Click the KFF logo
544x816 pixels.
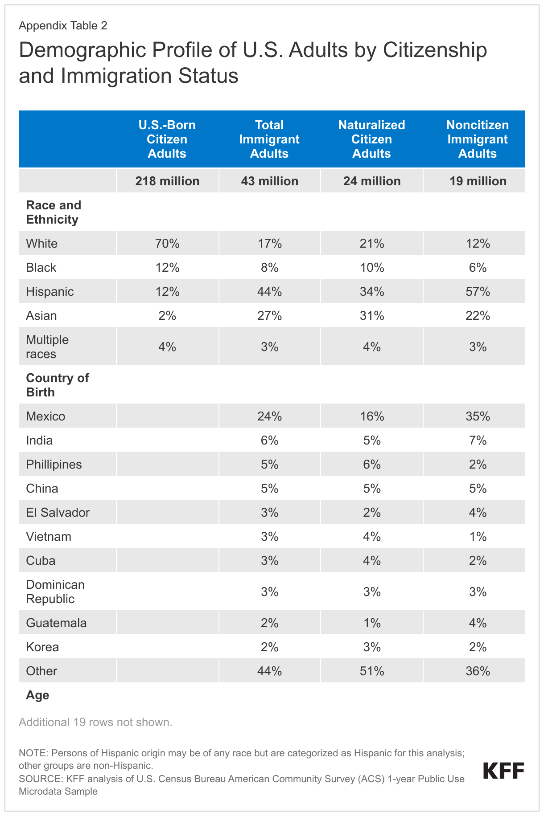click(x=503, y=771)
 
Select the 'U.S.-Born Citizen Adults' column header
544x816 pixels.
click(x=167, y=139)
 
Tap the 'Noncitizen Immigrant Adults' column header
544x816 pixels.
click(x=477, y=139)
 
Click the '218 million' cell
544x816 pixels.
click(x=167, y=181)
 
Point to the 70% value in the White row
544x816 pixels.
click(x=167, y=243)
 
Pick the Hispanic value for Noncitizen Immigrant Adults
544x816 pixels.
click(x=478, y=291)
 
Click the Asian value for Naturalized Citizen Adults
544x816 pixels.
click(x=371, y=315)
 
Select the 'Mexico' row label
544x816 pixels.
click(x=45, y=416)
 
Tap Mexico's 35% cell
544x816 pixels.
click(x=478, y=416)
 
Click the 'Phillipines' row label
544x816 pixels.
click(x=54, y=464)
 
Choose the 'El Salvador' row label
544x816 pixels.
click(x=58, y=512)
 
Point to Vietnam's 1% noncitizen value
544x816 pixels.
click(x=478, y=536)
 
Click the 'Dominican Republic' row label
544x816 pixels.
click(x=55, y=592)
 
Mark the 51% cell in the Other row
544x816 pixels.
click(x=371, y=671)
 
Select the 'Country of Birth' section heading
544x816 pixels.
click(x=57, y=385)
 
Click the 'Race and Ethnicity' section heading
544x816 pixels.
click(x=54, y=212)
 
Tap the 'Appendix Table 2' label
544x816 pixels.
click(x=63, y=25)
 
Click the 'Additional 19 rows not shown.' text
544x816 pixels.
click(x=95, y=722)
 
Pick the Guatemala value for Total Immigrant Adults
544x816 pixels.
click(x=269, y=623)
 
